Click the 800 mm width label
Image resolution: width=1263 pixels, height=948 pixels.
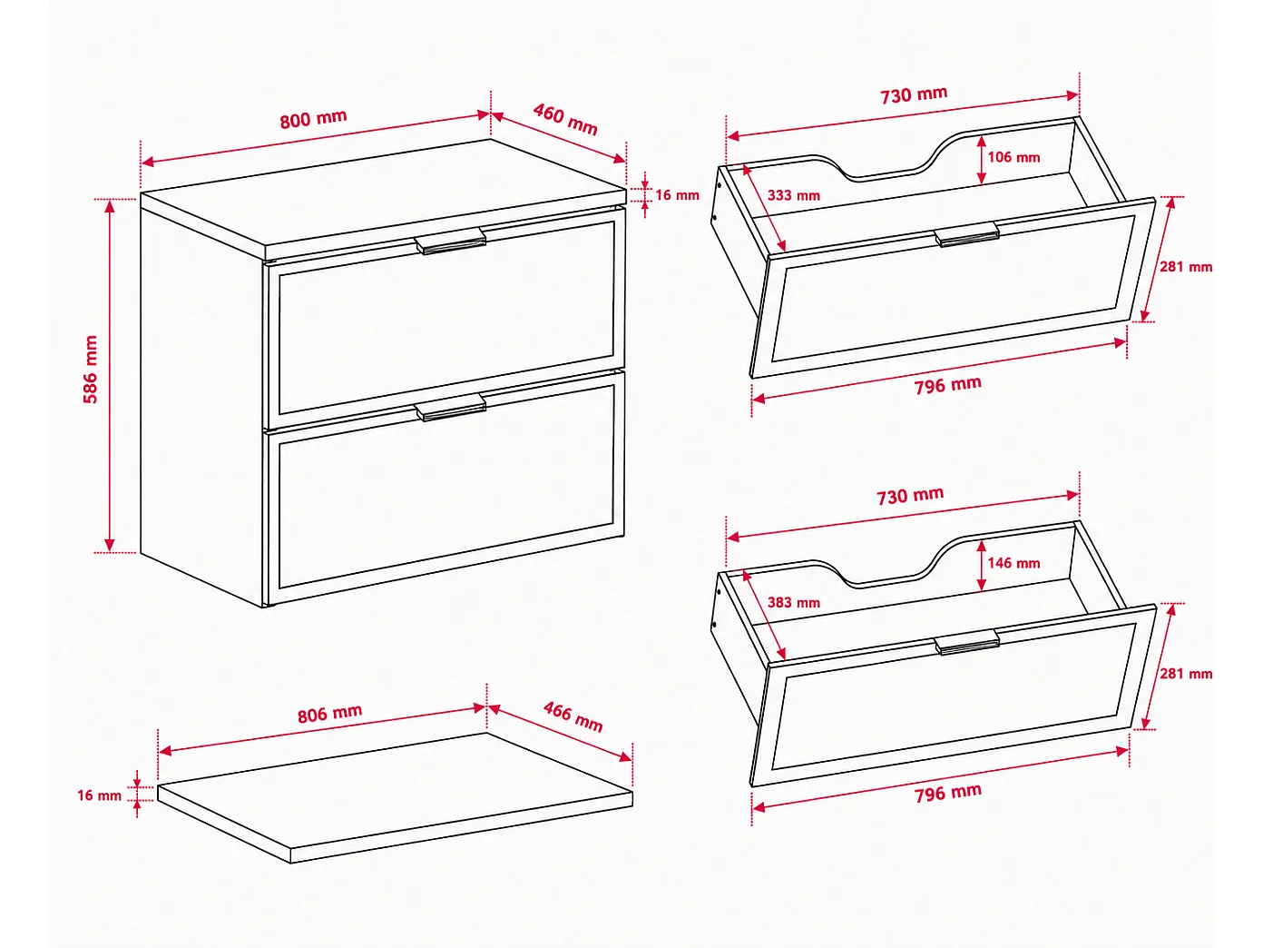pyautogui.click(x=314, y=119)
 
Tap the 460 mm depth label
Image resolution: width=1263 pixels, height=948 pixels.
pyautogui.click(x=565, y=119)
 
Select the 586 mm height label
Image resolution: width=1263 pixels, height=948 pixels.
pyautogui.click(x=91, y=369)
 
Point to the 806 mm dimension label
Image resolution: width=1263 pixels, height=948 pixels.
pyautogui.click(x=329, y=714)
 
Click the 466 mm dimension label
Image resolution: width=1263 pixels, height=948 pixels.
pyautogui.click(x=573, y=716)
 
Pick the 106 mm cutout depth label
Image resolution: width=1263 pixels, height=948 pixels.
pyautogui.click(x=1013, y=157)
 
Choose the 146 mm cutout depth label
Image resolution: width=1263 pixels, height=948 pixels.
pyautogui.click(x=1013, y=563)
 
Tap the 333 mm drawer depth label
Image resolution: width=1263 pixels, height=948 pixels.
pyautogui.click(x=794, y=195)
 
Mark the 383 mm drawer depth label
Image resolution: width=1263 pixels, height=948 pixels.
pyautogui.click(x=794, y=603)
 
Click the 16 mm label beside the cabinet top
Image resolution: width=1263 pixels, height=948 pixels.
pyautogui.click(x=677, y=195)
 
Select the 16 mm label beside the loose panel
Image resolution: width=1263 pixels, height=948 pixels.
pyautogui.click(x=100, y=795)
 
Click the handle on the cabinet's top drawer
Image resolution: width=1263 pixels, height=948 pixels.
pyautogui.click(x=451, y=241)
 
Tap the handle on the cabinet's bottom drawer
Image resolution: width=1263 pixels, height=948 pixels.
pyautogui.click(x=451, y=408)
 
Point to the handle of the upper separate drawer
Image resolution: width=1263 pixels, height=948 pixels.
pyautogui.click(x=966, y=234)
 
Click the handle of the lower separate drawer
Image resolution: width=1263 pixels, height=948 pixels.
pyautogui.click(x=966, y=642)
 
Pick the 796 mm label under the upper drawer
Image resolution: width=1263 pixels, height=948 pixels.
pyautogui.click(x=947, y=385)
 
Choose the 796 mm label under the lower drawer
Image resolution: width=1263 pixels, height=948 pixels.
pyautogui.click(x=947, y=793)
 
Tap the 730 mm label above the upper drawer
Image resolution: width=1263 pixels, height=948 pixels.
pyautogui.click(x=914, y=95)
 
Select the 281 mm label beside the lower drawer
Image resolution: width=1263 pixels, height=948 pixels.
pyautogui.click(x=1186, y=674)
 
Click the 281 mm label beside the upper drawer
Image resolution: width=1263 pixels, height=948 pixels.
pyautogui.click(x=1186, y=266)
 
